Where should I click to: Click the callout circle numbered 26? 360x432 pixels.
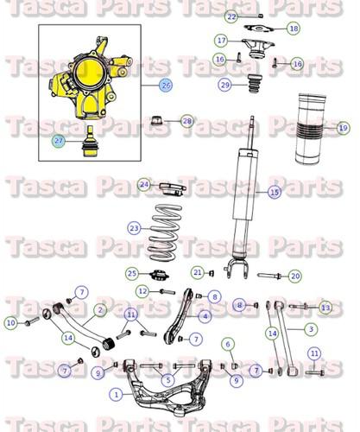166,86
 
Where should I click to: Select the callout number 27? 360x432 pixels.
58,140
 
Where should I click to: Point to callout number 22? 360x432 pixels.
231,16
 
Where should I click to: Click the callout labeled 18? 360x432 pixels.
294,29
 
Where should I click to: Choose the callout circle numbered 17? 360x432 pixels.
222,41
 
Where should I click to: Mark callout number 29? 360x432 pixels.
224,85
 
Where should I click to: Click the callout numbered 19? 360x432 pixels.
343,128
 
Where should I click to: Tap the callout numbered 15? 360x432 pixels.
275,192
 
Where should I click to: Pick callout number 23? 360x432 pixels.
134,228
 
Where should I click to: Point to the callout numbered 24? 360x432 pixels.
144,185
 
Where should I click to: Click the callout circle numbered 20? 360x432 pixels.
295,276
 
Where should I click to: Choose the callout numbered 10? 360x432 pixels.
10,322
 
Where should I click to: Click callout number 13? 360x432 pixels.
325,308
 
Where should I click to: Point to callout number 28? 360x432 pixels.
187,122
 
